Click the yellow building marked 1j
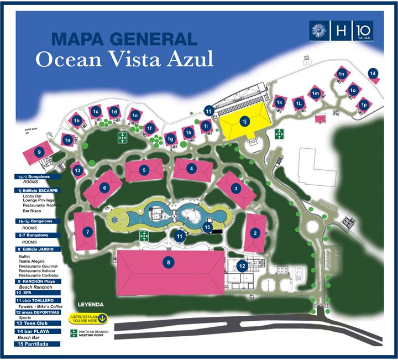tap(244, 121)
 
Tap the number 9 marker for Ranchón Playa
tap(39, 152)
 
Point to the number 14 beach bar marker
tap(373, 74)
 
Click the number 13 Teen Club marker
tap(78, 171)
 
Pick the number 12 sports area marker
tap(242, 266)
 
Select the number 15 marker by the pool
tap(207, 226)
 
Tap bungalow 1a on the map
tap(68, 140)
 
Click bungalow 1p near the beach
tap(364, 105)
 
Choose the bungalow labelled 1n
tap(342, 74)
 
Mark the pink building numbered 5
tap(144, 170)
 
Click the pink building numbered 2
tap(255, 233)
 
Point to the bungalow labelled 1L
tap(298, 103)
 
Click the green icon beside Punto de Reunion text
tap(73, 333)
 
